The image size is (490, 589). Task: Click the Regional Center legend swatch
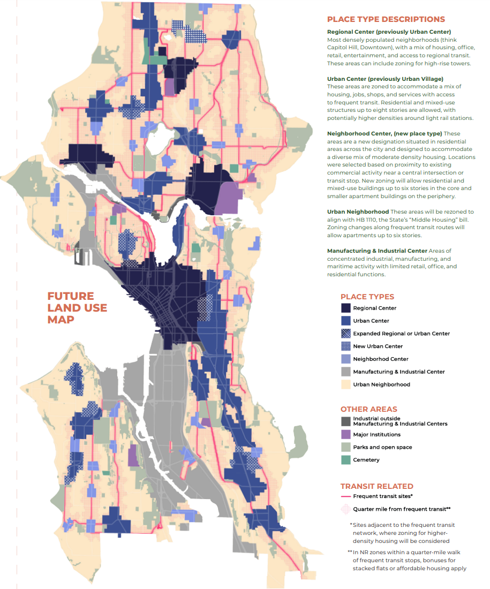point(345,308)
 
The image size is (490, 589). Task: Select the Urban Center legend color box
point(345,321)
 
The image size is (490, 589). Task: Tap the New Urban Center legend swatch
point(345,346)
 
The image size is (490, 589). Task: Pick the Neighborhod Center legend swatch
point(345,359)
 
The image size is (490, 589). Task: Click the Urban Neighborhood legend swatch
point(345,384)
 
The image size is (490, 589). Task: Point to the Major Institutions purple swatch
point(345,434)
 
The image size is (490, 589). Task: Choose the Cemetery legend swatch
point(345,459)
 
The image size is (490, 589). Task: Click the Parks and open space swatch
point(345,447)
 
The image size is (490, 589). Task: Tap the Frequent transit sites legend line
point(345,496)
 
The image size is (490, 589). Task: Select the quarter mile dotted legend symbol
point(345,509)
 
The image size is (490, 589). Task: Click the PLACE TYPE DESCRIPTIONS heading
point(386,19)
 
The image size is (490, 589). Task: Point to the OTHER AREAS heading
point(369,409)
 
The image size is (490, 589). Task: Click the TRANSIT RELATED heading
point(376,486)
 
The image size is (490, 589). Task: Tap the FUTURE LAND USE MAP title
point(77,308)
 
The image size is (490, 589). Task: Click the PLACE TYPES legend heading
point(367,297)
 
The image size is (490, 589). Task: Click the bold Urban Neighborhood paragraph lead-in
point(358,212)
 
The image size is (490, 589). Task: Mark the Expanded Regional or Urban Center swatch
point(345,333)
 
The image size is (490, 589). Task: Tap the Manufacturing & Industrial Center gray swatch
point(345,371)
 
